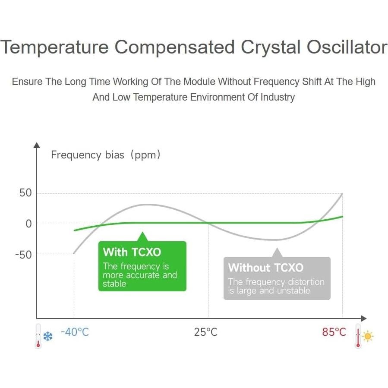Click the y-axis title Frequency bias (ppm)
[x=106, y=155]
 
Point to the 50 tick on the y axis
[x=25, y=193]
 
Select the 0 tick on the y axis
[x=29, y=224]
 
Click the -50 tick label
[x=23, y=255]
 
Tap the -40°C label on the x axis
[x=75, y=332]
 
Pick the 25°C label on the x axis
[x=206, y=332]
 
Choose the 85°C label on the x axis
[x=334, y=332]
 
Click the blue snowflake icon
[x=48, y=336]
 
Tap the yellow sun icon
[x=368, y=336]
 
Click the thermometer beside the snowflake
[x=38, y=336]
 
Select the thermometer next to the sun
[x=358, y=336]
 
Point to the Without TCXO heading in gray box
[x=265, y=268]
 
